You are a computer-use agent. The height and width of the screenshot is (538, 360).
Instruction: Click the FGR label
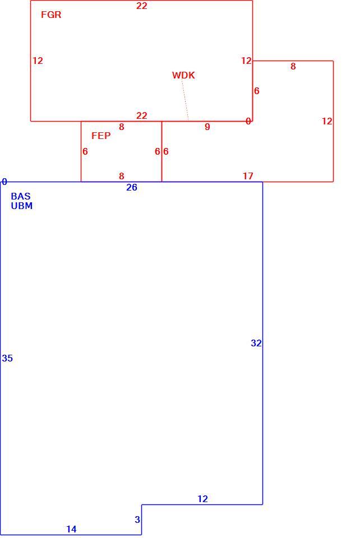pyautogui.click(x=51, y=15)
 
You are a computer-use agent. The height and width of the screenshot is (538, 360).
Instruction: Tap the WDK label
pyautogui.click(x=183, y=75)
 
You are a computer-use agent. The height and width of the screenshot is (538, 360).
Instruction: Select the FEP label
pyautogui.click(x=101, y=136)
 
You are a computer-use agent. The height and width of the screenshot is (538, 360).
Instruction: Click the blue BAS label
pyautogui.click(x=21, y=196)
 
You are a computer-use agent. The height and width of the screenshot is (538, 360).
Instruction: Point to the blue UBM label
pyautogui.click(x=22, y=206)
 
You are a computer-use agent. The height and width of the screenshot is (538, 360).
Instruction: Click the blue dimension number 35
pyautogui.click(x=7, y=358)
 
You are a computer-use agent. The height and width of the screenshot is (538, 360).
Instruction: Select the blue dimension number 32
pyautogui.click(x=256, y=343)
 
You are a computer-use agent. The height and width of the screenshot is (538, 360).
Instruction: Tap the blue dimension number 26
pyautogui.click(x=132, y=187)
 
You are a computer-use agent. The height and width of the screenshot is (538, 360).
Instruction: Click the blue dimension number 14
pyautogui.click(x=71, y=529)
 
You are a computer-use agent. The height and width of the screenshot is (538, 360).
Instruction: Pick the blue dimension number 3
pyautogui.click(x=137, y=520)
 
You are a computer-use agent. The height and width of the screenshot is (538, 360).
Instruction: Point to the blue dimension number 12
pyautogui.click(x=202, y=499)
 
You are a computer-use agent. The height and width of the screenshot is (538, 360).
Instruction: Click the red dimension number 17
pyautogui.click(x=248, y=176)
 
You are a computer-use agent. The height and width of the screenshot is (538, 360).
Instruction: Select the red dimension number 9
pyautogui.click(x=207, y=127)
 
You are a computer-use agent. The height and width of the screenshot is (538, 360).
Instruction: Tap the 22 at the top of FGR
pyautogui.click(x=142, y=6)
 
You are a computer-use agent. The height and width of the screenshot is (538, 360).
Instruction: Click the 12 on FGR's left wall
pyautogui.click(x=38, y=61)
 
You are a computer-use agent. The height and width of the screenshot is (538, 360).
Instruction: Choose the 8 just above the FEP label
pyautogui.click(x=122, y=127)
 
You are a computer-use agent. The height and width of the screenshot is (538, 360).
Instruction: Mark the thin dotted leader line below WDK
pyautogui.click(x=185, y=100)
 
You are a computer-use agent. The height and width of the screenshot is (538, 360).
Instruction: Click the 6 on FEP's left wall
pyautogui.click(x=85, y=151)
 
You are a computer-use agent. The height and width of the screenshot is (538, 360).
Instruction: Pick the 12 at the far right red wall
pyautogui.click(x=327, y=121)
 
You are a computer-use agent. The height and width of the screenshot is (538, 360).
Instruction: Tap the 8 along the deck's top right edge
pyautogui.click(x=293, y=66)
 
